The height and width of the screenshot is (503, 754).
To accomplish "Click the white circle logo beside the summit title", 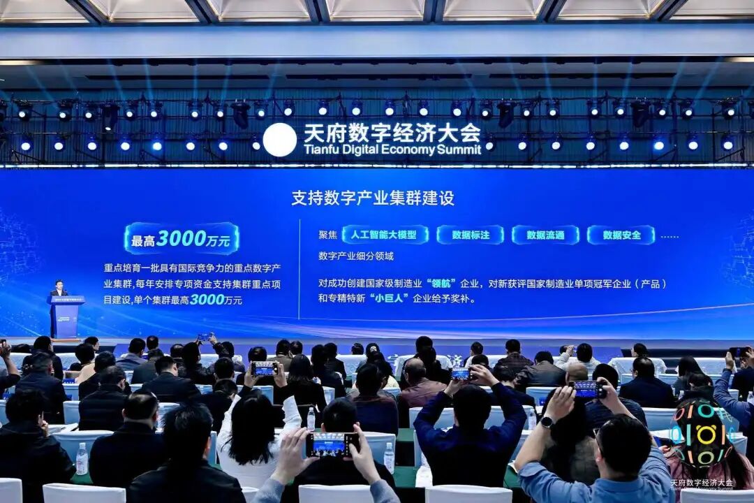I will (279, 140).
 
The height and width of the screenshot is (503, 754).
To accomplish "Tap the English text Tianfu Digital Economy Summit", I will (392, 150).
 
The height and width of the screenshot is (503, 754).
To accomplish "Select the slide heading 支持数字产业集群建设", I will (373, 198).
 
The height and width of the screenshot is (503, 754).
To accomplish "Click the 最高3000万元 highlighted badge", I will (182, 239).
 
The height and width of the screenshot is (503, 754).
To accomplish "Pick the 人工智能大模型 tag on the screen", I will (385, 235).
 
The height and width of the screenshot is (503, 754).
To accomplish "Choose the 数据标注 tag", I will (471, 235).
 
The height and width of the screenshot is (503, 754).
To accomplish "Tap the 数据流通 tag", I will (545, 235).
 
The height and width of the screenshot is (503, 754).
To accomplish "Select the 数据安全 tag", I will (621, 235).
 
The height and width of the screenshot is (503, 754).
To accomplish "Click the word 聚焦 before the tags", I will (327, 235).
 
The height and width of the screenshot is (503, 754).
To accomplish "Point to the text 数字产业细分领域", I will (356, 256).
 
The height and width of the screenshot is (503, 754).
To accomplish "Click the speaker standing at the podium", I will (59, 289).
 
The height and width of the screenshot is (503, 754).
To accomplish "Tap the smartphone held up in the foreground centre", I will (332, 444).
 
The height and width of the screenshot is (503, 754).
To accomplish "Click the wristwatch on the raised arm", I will (547, 421).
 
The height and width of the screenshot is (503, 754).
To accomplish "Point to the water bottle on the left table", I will (82, 458).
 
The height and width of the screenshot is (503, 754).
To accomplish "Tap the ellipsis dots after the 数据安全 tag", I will (669, 236).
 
